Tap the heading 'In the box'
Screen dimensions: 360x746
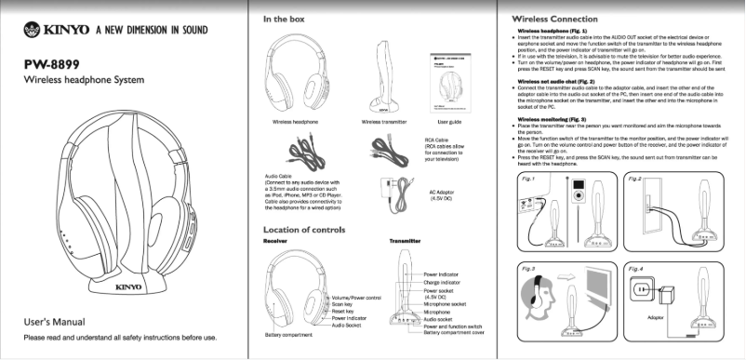click(288, 19)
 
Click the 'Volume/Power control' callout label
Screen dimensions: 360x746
click(357, 297)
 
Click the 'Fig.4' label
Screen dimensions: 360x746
click(636, 269)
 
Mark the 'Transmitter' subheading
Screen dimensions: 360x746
click(406, 241)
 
